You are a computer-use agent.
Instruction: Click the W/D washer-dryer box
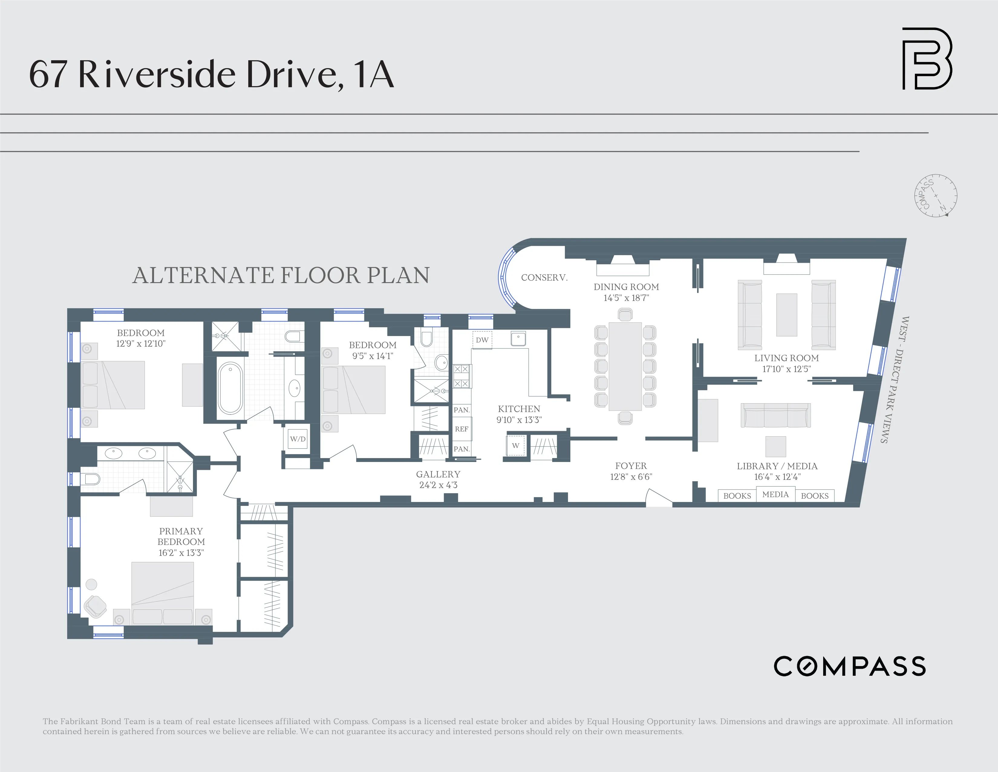coord(298,439)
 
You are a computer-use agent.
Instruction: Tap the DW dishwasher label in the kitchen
coord(482,340)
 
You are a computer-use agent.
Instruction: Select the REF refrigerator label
coord(461,429)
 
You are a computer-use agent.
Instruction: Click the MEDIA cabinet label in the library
coord(775,494)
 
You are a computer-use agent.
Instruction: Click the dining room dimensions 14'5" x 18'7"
coord(626,298)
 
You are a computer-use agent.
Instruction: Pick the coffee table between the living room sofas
coord(786,315)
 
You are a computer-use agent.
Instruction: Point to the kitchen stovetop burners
coord(461,376)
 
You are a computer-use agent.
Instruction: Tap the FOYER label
coord(631,466)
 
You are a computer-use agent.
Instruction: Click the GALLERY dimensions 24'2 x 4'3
coord(438,485)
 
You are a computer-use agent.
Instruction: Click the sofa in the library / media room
coord(775,415)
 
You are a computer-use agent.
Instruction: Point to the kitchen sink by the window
coord(518,339)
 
